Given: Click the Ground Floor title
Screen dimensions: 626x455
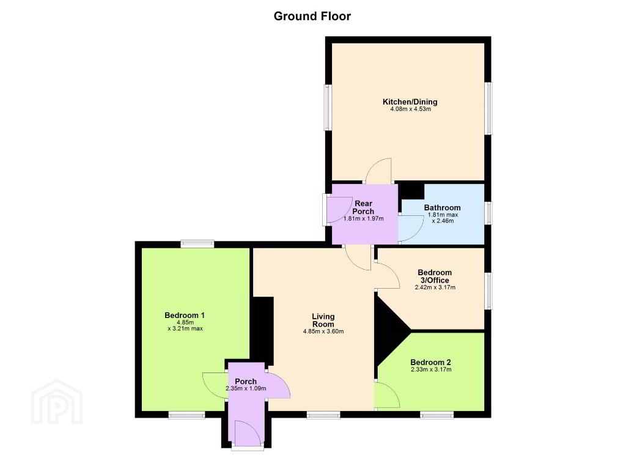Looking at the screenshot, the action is [x=312, y=17].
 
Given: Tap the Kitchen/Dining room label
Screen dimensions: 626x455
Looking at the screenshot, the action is [x=410, y=102].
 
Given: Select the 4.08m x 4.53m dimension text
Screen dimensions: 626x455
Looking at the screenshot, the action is [x=410, y=109].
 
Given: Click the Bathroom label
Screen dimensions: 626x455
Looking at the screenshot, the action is [x=443, y=208].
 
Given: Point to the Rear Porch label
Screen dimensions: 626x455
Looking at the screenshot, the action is [x=363, y=207].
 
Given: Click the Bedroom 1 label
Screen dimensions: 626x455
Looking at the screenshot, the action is [x=185, y=316].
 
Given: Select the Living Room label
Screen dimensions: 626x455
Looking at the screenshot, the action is [x=323, y=320].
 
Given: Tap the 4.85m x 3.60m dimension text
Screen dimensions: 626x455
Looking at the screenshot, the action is [x=323, y=331].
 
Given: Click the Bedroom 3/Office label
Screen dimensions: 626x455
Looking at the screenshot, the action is [x=435, y=276].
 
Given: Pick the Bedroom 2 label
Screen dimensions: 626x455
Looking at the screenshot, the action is [x=431, y=362].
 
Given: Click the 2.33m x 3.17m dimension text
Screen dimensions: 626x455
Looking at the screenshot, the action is [x=431, y=369].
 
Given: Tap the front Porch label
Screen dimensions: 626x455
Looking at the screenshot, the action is [x=246, y=382].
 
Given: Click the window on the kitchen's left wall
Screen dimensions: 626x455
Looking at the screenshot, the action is [x=328, y=107].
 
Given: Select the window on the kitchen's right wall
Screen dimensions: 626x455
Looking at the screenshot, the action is [x=488, y=108].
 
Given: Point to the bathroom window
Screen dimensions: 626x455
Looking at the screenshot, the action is [x=488, y=213].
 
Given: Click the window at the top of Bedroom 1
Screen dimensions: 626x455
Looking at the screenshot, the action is [x=197, y=243].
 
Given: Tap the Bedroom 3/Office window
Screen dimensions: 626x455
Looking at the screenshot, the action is [x=488, y=291].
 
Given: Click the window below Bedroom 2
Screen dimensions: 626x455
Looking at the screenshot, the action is [x=436, y=415].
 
